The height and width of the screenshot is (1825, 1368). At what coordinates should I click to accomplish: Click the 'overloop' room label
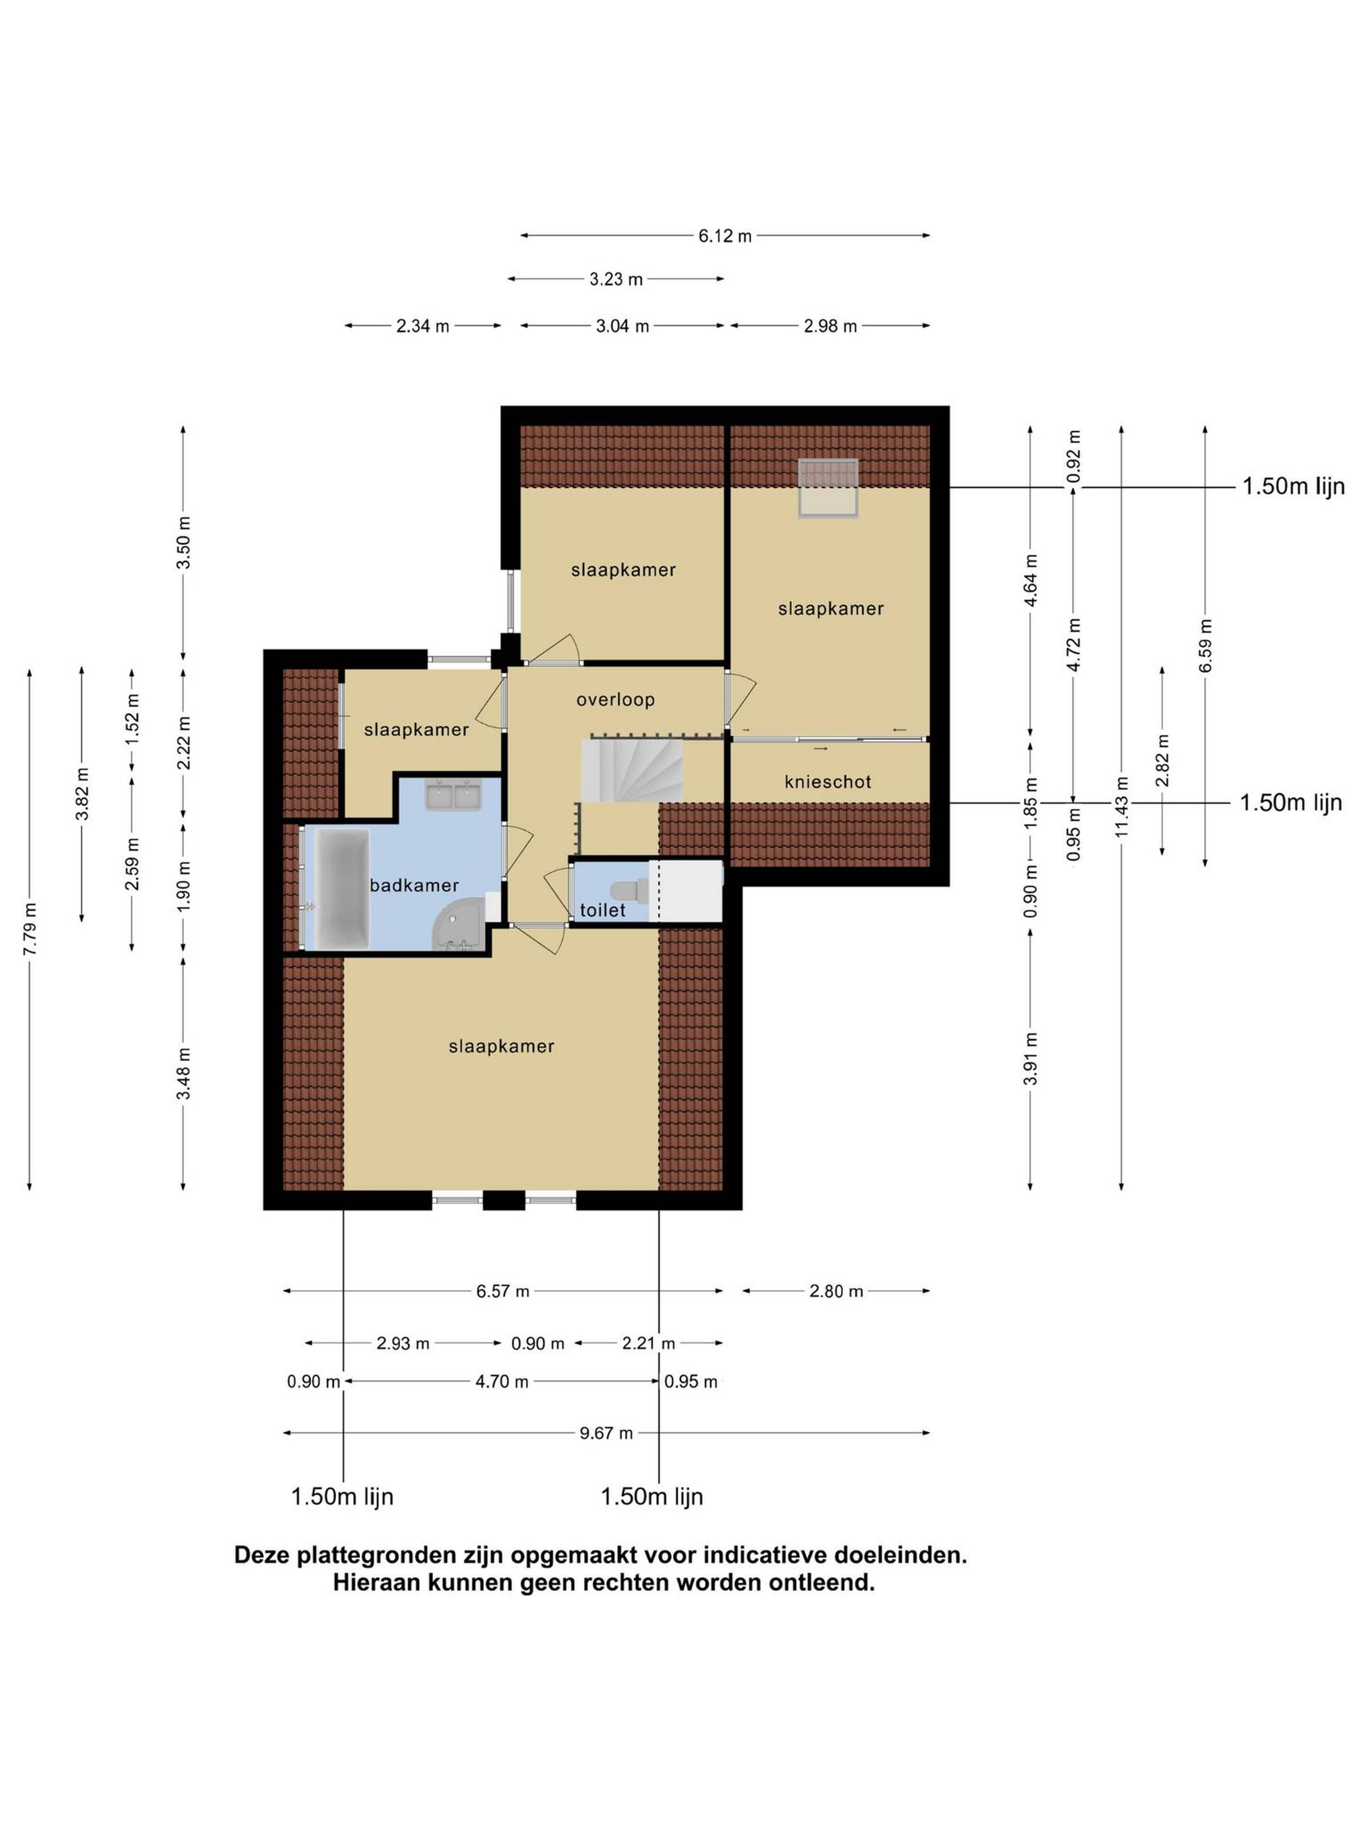[615, 700]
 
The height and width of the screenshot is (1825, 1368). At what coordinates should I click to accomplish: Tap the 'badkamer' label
[414, 885]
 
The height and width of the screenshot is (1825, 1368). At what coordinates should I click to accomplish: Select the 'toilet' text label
[603, 910]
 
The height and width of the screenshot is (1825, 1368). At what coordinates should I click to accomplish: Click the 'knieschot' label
[828, 781]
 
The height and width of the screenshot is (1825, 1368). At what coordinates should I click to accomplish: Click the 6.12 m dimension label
[725, 236]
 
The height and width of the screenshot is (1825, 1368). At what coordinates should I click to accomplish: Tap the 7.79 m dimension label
[30, 929]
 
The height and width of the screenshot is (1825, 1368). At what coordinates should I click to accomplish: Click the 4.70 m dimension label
[501, 1381]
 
